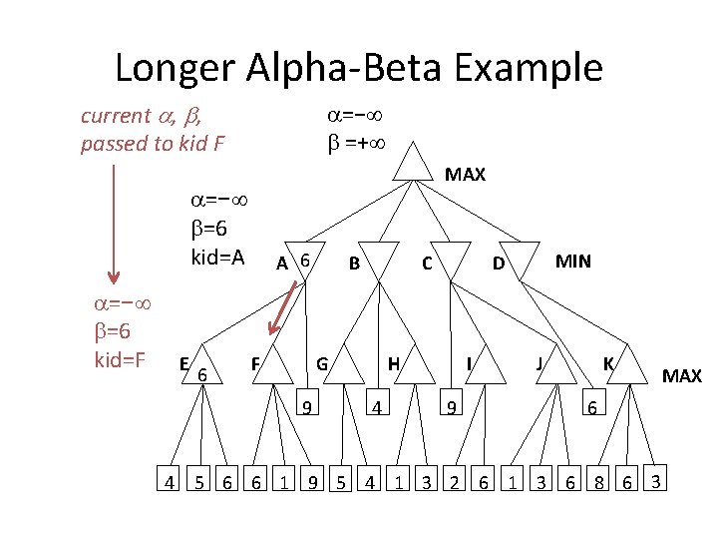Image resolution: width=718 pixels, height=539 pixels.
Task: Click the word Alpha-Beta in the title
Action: coord(344,68)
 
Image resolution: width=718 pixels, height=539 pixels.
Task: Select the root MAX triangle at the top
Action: coord(413,165)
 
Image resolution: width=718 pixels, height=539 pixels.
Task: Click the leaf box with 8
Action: coord(598,478)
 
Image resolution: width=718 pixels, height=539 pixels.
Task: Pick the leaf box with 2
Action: coord(454,478)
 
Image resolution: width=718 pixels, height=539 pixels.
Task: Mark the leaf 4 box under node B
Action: coord(378,402)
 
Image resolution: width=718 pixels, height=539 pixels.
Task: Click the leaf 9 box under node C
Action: coord(451,402)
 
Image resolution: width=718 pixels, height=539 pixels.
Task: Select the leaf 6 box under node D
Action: coord(594,402)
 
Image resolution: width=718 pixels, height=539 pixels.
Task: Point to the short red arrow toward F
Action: coord(283,307)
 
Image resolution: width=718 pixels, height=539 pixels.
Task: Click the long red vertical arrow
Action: coord(114,225)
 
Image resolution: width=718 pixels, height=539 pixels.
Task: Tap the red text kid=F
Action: coord(120,359)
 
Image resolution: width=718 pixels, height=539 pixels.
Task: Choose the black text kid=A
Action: coord(217,258)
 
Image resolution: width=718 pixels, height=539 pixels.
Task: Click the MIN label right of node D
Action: coord(572,262)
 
